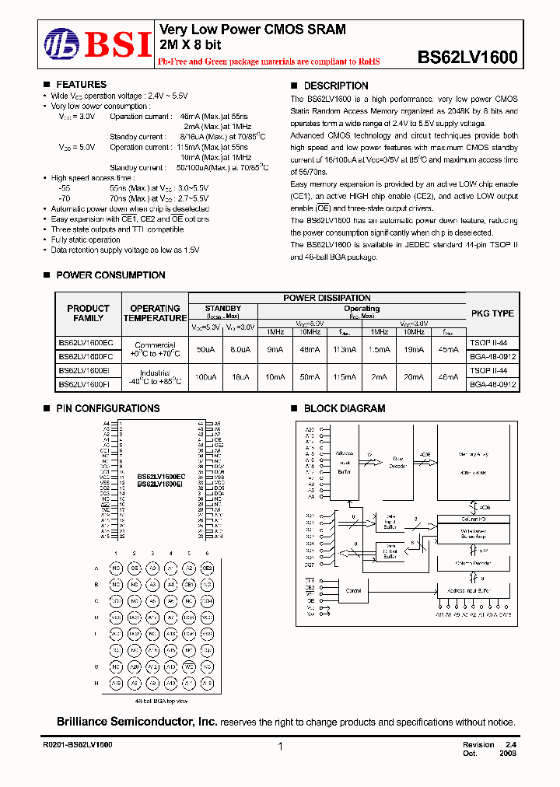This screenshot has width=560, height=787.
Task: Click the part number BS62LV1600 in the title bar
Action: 467,57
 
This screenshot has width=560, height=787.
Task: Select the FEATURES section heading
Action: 81,85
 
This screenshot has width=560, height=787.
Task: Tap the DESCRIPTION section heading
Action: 335,86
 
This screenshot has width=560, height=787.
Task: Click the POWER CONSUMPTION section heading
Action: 110,275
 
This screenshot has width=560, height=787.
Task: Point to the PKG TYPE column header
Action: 492,313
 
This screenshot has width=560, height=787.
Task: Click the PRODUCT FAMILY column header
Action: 88,313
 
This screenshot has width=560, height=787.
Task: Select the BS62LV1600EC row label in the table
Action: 86,342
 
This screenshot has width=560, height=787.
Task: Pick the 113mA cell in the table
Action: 343,350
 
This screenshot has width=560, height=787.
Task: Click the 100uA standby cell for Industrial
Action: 205,376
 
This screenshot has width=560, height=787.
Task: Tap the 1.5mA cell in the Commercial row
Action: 379,350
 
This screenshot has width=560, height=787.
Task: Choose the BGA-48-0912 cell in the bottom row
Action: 492,384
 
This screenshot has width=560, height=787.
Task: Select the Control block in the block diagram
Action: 354,591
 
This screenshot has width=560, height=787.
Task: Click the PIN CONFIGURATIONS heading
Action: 107,408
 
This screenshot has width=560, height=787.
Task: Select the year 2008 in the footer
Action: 506,754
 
